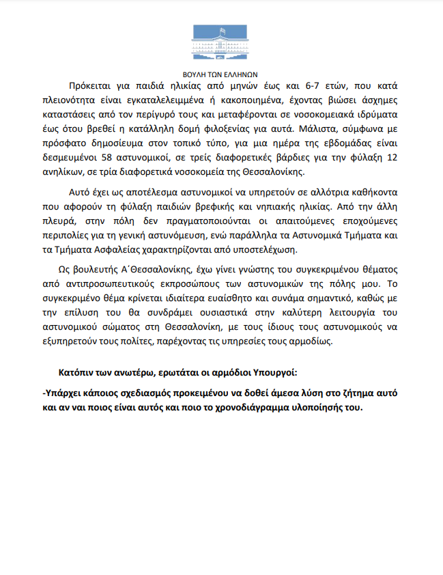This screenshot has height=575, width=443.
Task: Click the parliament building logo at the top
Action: click(x=220, y=42)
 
